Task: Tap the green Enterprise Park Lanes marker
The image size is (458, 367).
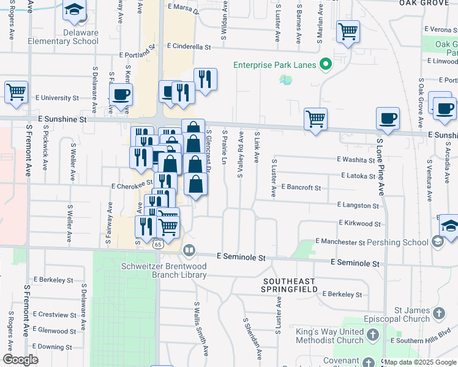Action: (x=326, y=64)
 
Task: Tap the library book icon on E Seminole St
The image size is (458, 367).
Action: (x=189, y=250)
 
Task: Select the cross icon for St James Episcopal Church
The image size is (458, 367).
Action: (x=438, y=314)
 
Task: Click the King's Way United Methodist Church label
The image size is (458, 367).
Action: (x=329, y=336)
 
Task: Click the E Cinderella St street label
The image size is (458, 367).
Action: (x=189, y=46)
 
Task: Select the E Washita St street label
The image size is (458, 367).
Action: (x=356, y=160)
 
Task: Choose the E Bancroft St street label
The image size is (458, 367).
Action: (x=301, y=187)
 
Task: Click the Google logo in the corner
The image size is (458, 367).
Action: (x=20, y=360)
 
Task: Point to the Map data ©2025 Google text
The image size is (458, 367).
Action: (x=420, y=362)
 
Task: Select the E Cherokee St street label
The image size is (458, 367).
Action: (x=132, y=183)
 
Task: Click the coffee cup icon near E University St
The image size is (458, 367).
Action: (x=121, y=94)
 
